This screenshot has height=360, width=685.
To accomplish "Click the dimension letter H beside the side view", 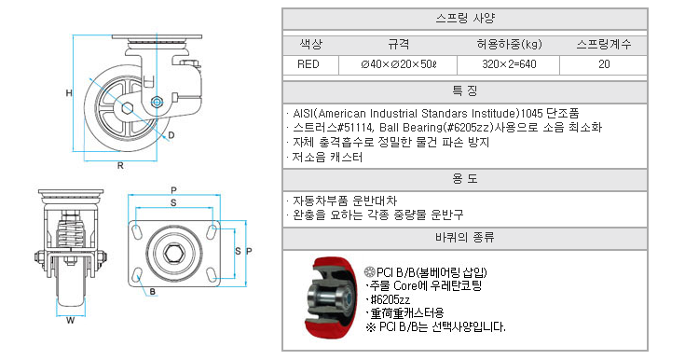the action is (x=69, y=93).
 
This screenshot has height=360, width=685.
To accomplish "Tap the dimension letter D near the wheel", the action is (x=171, y=135).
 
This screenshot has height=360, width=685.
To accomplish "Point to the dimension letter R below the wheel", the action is (x=120, y=166).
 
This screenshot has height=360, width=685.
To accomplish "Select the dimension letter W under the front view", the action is (x=70, y=321).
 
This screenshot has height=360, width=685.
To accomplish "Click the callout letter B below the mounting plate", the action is (x=153, y=292).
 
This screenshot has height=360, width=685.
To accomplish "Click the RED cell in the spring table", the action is (x=308, y=64).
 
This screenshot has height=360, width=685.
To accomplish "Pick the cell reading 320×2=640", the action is (x=509, y=64).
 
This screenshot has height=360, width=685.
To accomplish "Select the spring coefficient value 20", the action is (x=604, y=64).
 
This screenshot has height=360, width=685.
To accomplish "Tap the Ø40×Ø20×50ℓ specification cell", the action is (x=399, y=64).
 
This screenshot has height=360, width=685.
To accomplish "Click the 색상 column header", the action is (x=311, y=44).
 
